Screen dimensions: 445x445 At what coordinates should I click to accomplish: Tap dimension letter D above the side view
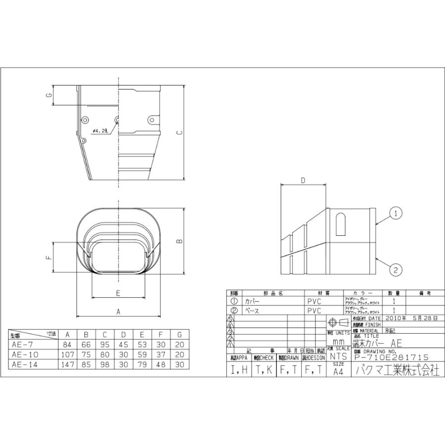[303, 180]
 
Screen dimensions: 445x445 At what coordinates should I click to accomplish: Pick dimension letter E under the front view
[118, 293]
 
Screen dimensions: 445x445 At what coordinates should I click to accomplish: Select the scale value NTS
[338, 356]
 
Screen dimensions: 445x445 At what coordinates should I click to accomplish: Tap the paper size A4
[338, 372]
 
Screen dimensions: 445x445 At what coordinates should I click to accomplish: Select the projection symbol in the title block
[338, 322]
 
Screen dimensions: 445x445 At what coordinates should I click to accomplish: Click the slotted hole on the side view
[340, 224]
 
